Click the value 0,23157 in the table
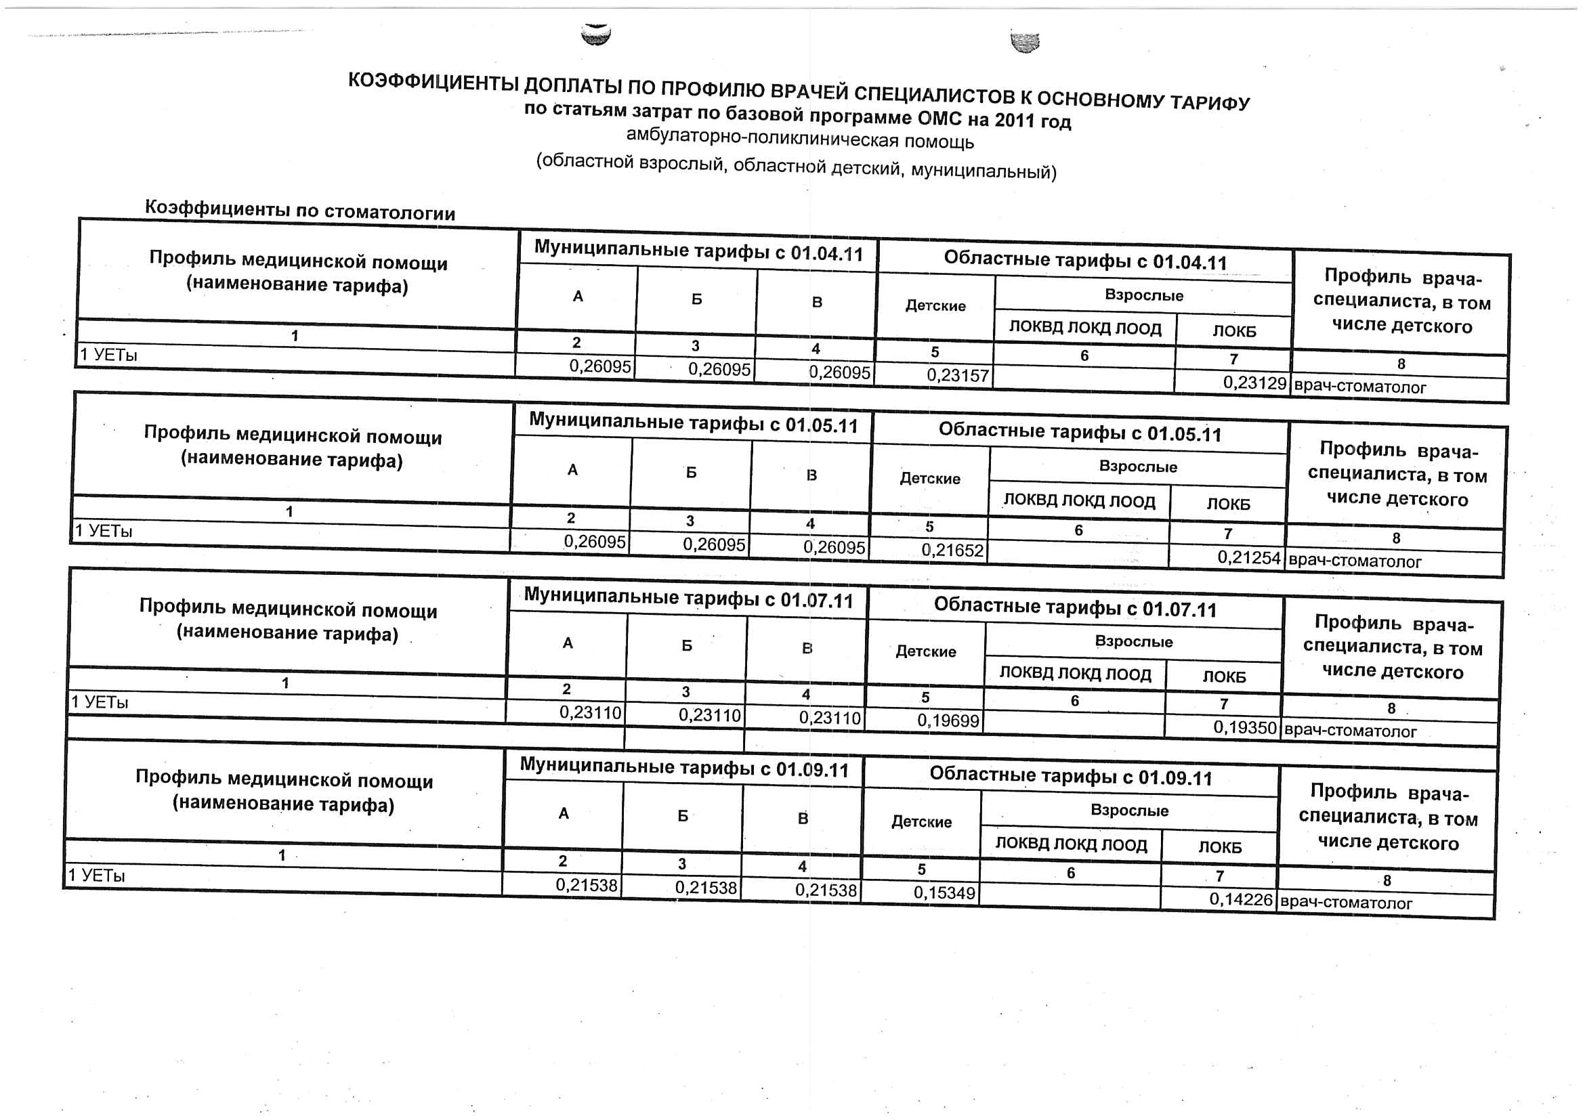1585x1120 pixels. coord(958,375)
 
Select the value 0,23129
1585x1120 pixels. coord(1254,383)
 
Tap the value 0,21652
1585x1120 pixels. coord(952,551)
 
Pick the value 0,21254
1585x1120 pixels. coord(1249,557)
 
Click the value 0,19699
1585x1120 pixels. coord(948,721)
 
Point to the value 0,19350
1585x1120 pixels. coord(1245,727)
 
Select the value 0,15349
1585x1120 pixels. coord(944,893)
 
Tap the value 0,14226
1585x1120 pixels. coord(1240,899)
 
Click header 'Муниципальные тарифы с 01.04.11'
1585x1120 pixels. coord(698,252)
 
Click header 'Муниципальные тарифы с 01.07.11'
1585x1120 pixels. coord(688,599)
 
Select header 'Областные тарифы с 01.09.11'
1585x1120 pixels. coord(1071,776)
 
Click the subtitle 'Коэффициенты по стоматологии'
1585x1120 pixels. coord(299,211)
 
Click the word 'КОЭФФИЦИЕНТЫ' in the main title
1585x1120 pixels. coord(433,82)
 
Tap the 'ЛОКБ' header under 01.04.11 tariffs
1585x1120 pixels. coord(1234,331)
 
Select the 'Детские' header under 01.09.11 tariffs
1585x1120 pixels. coord(922,822)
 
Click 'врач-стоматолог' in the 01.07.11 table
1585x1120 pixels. coord(1349,731)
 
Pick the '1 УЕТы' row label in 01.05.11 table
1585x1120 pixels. coord(104,532)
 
